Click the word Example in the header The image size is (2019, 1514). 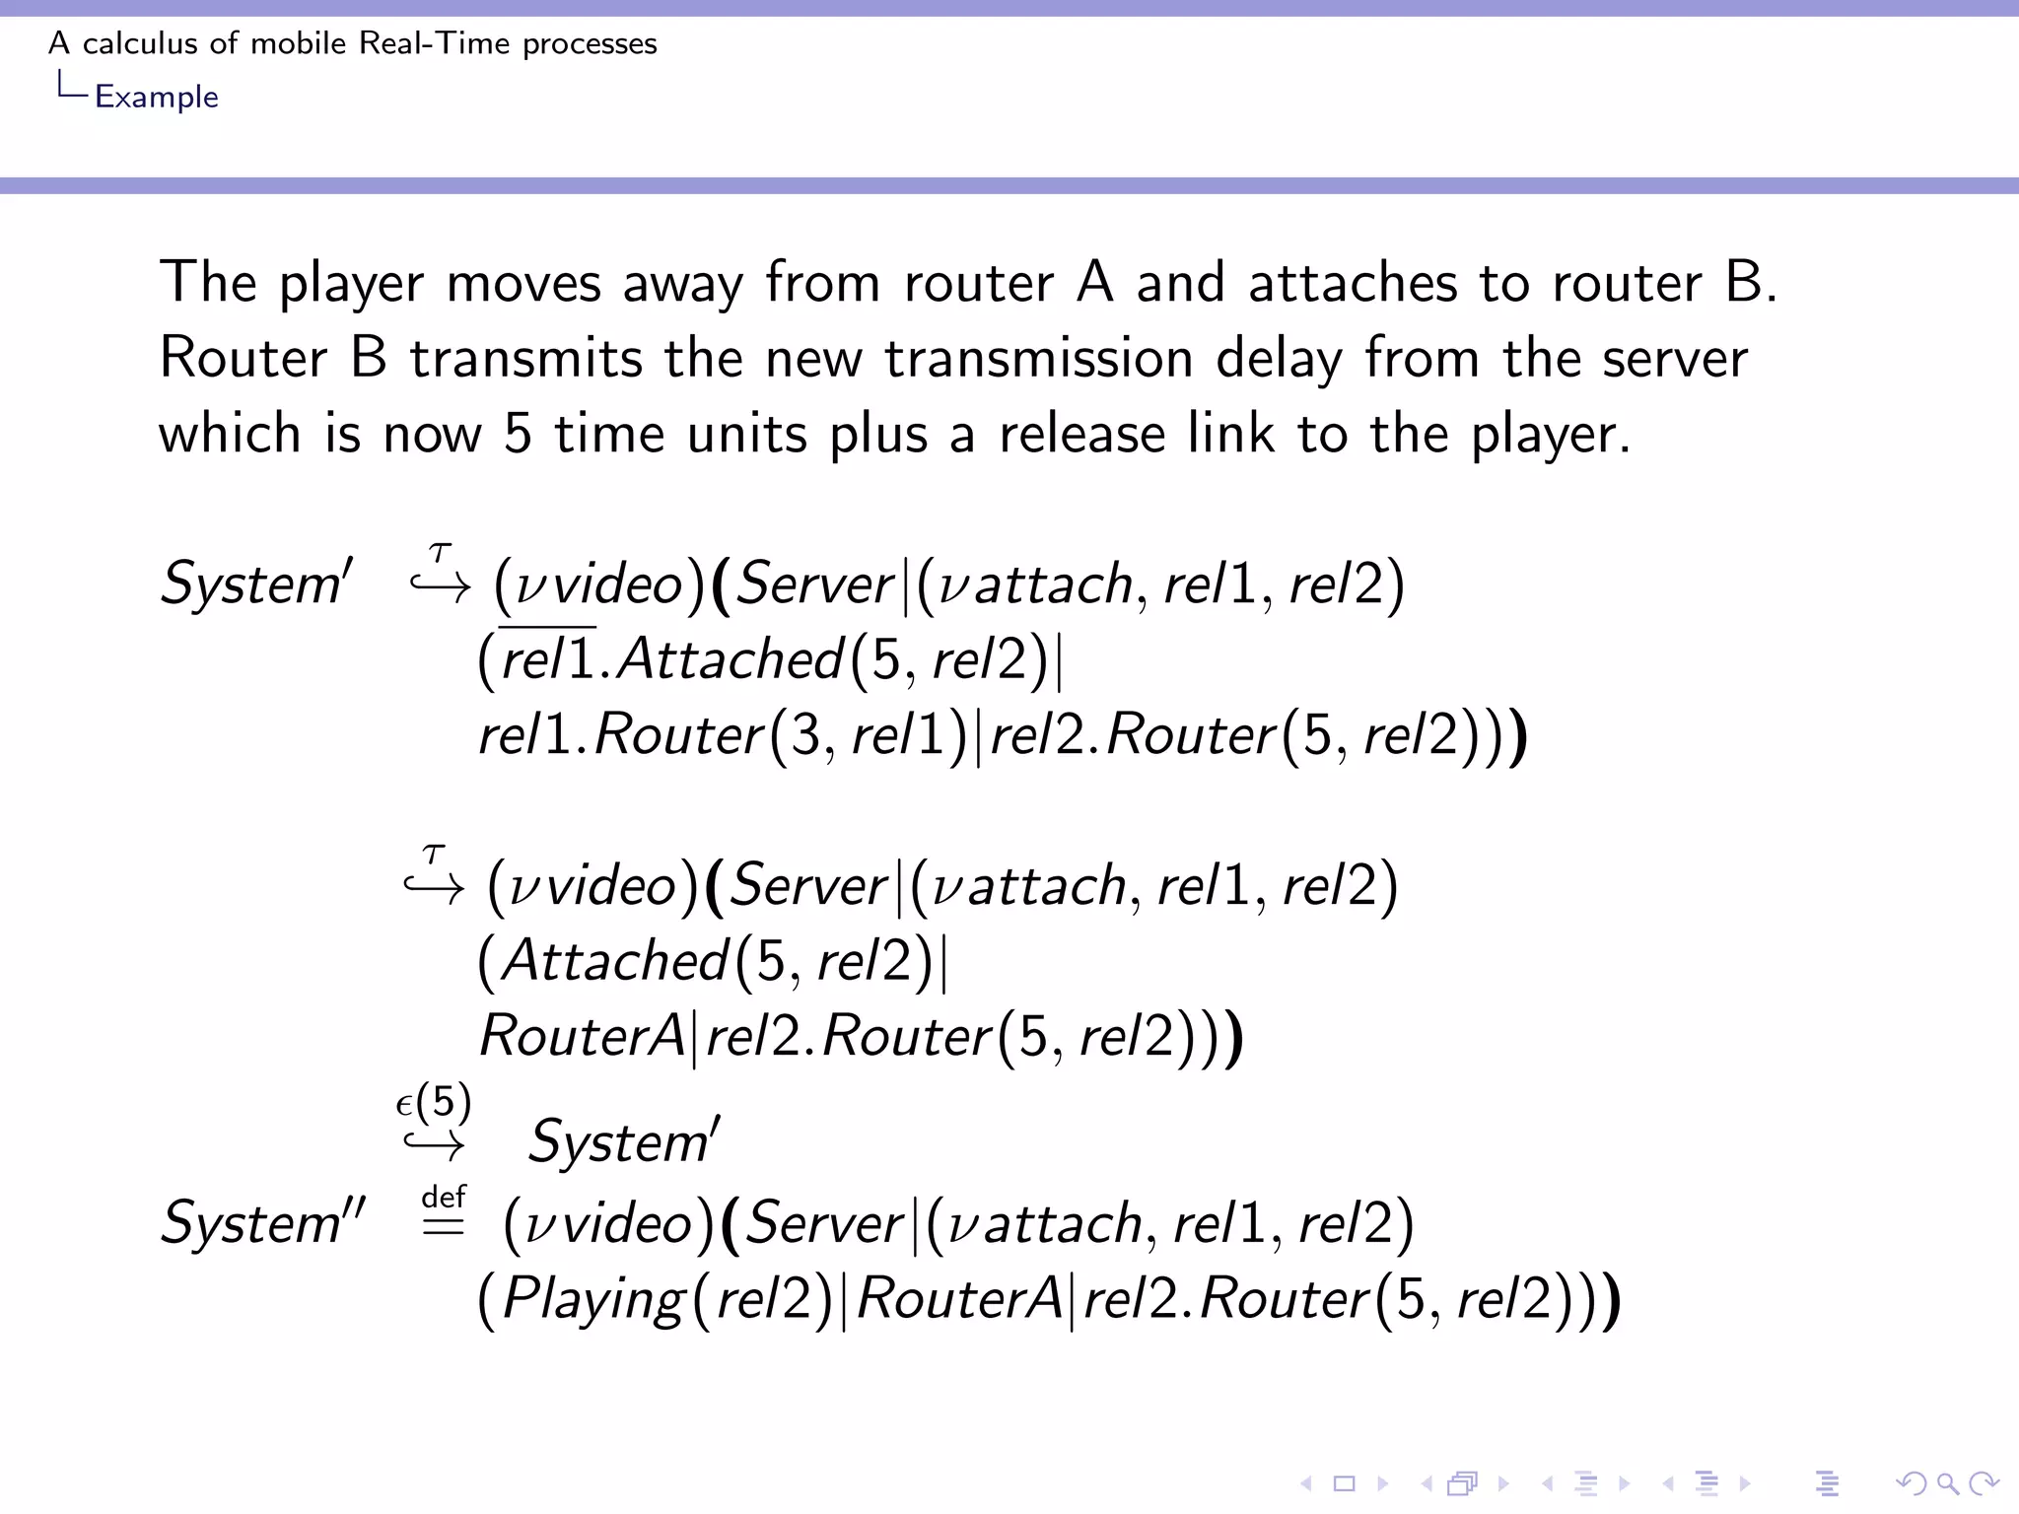156,97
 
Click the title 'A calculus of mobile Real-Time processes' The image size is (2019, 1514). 352,43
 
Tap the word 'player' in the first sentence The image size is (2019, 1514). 351,284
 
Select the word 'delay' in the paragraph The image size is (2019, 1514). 1279,359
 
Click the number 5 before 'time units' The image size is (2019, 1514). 519,434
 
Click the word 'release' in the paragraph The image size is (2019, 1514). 1081,434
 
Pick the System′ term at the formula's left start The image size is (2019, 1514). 255,583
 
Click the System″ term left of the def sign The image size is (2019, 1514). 262,1223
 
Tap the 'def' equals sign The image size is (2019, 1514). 443,1213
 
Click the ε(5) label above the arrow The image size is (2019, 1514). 434,1102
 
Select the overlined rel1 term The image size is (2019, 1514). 548,657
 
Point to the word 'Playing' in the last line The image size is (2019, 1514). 593,1299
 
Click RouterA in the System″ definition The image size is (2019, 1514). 959,1298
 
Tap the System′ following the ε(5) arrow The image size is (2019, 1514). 624,1141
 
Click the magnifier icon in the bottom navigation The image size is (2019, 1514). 1947,1483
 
